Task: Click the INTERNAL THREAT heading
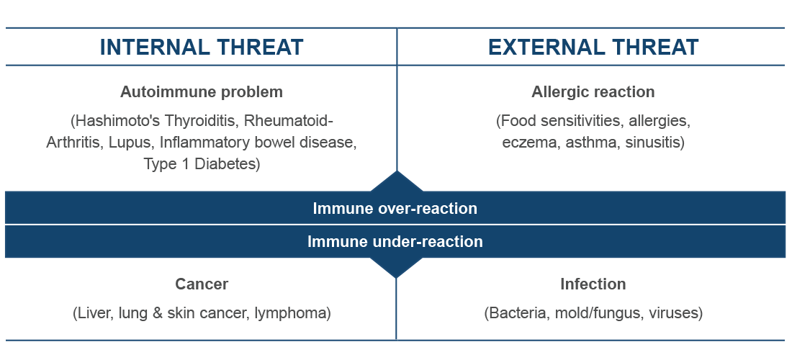[x=202, y=47]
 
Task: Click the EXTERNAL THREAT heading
[x=593, y=47]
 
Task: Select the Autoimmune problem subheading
[x=202, y=92]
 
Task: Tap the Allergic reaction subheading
[x=593, y=92]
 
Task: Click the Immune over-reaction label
[x=395, y=208]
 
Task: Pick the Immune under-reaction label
[x=395, y=241]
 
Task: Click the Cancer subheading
[x=202, y=284]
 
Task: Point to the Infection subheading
[x=593, y=284]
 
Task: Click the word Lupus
[x=131, y=143]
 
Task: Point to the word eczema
[x=531, y=143]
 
